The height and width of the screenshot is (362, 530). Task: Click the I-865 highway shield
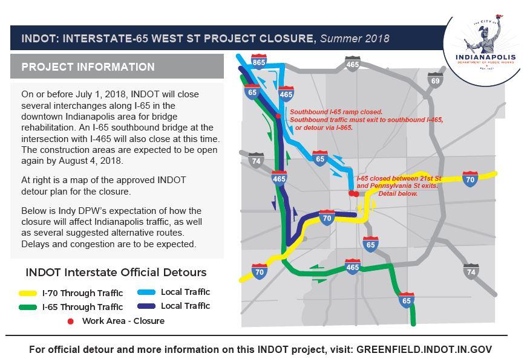(258, 62)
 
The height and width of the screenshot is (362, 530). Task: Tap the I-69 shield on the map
(436, 80)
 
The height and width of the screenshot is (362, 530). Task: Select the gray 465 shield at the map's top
(352, 63)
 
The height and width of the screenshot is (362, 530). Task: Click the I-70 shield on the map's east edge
(470, 179)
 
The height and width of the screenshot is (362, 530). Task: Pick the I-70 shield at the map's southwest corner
(260, 271)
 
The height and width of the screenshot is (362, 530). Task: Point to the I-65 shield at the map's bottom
(407, 300)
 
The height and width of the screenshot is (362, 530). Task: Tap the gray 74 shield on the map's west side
(256, 160)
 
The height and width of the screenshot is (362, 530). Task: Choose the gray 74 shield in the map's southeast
(471, 271)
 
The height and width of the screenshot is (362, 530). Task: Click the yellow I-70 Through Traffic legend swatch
(28, 293)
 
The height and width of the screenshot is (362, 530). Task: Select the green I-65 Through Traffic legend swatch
(28, 307)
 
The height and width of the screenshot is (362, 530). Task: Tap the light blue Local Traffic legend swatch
(146, 292)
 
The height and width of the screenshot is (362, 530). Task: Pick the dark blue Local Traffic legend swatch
(146, 306)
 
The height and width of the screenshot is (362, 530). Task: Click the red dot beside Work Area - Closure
(70, 321)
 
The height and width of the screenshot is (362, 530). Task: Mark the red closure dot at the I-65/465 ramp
(278, 116)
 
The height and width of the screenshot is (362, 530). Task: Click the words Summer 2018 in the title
(355, 39)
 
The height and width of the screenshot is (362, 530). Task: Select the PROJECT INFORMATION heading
(88, 67)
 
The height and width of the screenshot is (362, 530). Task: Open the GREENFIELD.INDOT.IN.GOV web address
(424, 349)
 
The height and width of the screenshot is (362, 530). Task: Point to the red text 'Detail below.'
(398, 193)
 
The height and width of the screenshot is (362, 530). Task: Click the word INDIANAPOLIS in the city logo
(485, 57)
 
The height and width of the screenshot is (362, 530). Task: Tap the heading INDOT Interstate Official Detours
(116, 272)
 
